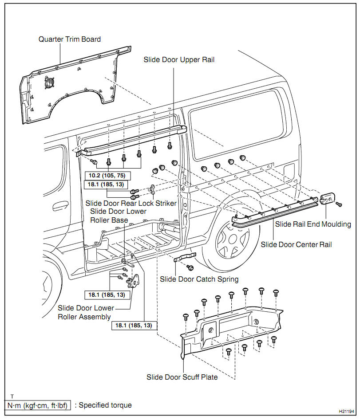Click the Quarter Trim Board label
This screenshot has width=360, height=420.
70,39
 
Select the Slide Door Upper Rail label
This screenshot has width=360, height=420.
179,59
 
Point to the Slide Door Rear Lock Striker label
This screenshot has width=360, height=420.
131,203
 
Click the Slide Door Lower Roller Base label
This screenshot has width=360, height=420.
118,216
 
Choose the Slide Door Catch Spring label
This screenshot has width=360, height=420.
199,279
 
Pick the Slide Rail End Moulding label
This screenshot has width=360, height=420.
313,224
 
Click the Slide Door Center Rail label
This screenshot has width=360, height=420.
296,244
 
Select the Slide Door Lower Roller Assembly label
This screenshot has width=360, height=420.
86,312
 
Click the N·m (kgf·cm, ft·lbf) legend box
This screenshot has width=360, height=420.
38,405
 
